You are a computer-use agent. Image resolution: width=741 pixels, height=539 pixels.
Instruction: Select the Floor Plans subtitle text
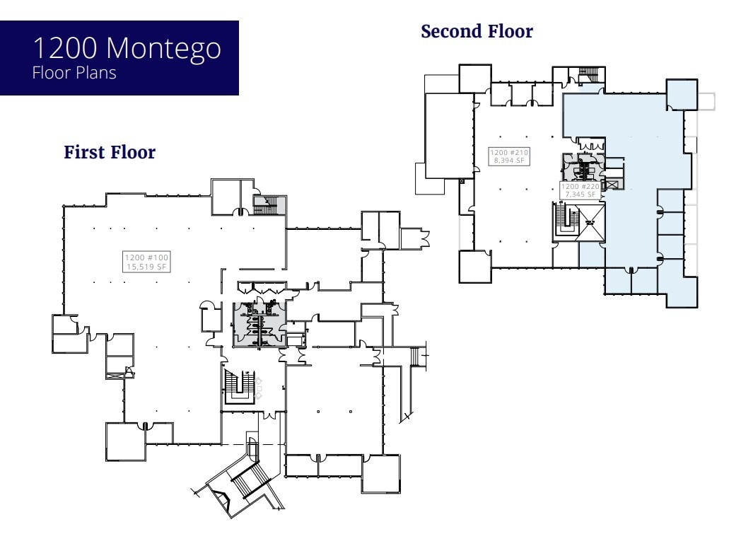[74, 73]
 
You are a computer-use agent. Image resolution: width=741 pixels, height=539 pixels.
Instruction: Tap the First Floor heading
[110, 152]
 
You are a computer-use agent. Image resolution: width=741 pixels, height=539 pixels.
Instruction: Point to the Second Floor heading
[477, 32]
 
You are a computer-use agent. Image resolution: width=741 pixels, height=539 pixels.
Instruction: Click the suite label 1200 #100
[147, 257]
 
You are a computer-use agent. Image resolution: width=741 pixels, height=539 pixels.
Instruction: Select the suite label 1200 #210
[509, 153]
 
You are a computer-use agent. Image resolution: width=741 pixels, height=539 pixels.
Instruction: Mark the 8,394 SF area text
[509, 161]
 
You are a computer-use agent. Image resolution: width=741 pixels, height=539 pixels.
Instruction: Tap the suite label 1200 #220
[580, 187]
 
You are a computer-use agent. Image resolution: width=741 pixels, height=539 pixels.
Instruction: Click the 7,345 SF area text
[580, 194]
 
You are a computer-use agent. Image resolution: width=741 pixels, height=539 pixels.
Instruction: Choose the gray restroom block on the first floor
[257, 323]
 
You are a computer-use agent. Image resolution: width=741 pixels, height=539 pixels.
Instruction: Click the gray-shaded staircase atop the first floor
[269, 205]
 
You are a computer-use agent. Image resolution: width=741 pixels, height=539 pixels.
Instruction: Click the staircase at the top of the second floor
[589, 74]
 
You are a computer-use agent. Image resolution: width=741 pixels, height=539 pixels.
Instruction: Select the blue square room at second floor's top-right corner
[682, 94]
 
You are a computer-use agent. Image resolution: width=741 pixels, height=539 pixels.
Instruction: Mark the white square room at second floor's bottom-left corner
[474, 267]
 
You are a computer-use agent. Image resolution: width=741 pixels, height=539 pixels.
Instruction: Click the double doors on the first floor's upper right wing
[419, 236]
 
